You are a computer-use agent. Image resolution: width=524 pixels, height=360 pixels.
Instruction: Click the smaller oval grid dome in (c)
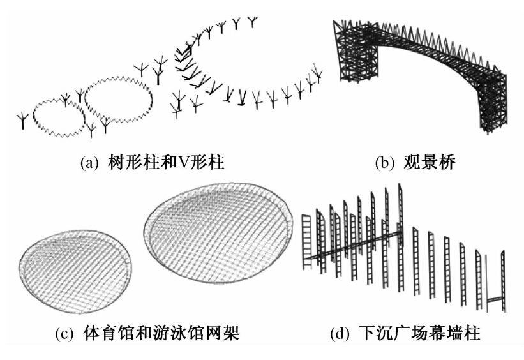[76, 262]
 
